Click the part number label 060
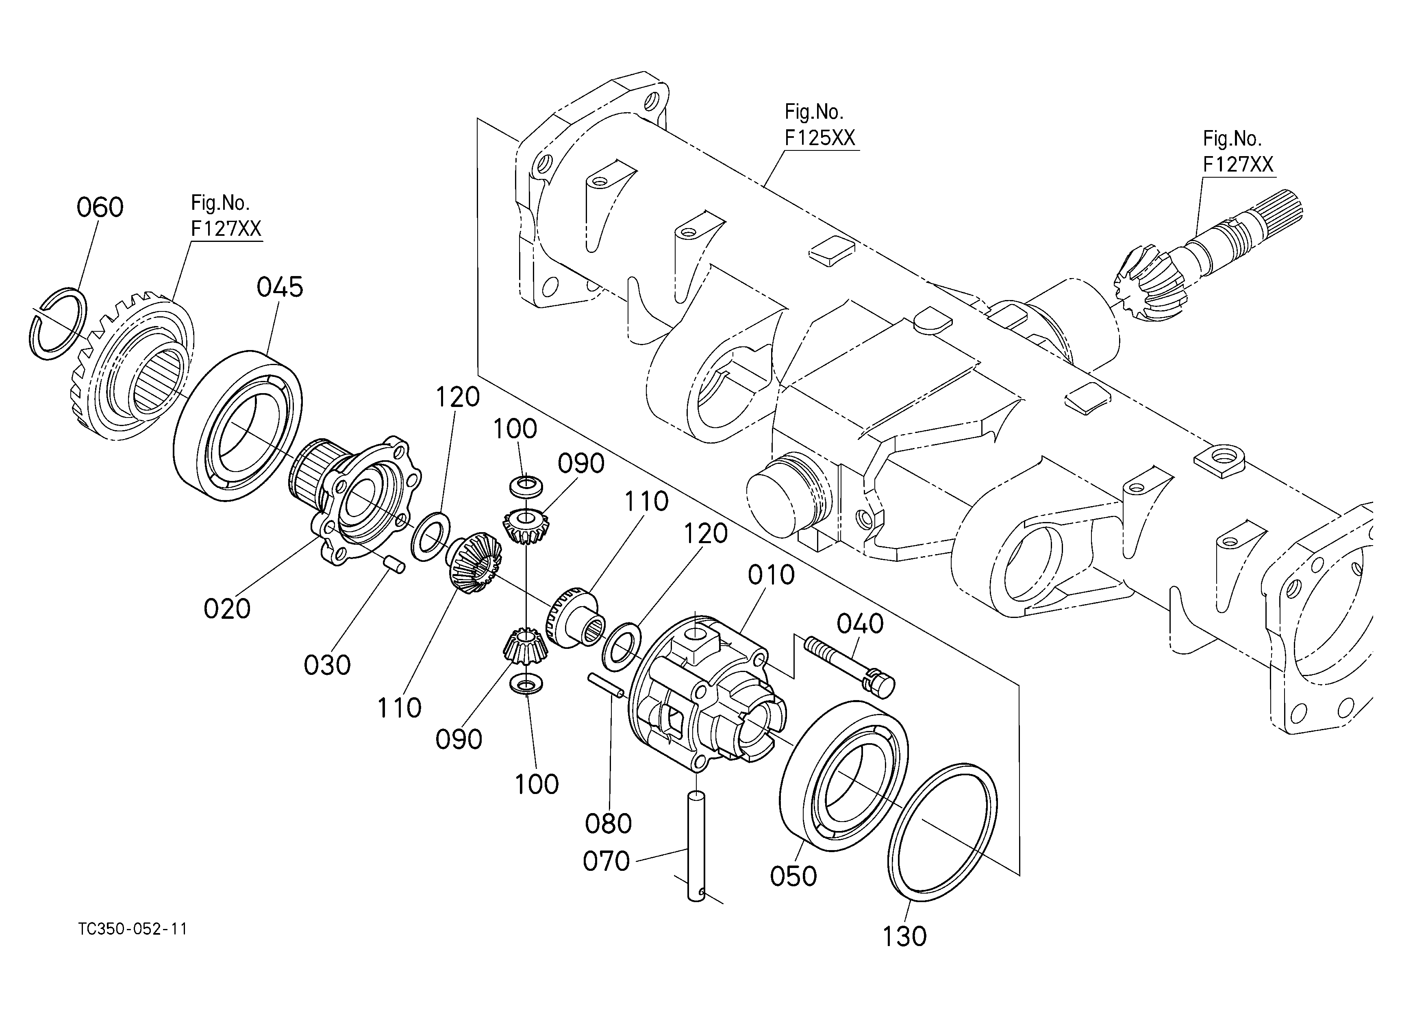100,208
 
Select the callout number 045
280,287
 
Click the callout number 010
771,575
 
